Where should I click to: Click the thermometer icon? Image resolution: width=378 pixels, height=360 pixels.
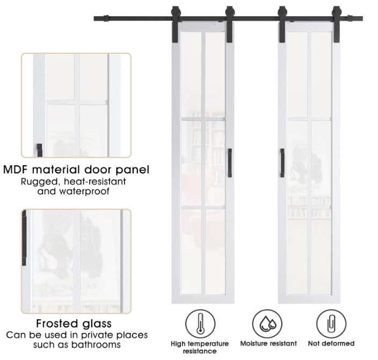(200, 322)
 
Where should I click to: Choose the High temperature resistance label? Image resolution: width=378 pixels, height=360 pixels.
(200, 347)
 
